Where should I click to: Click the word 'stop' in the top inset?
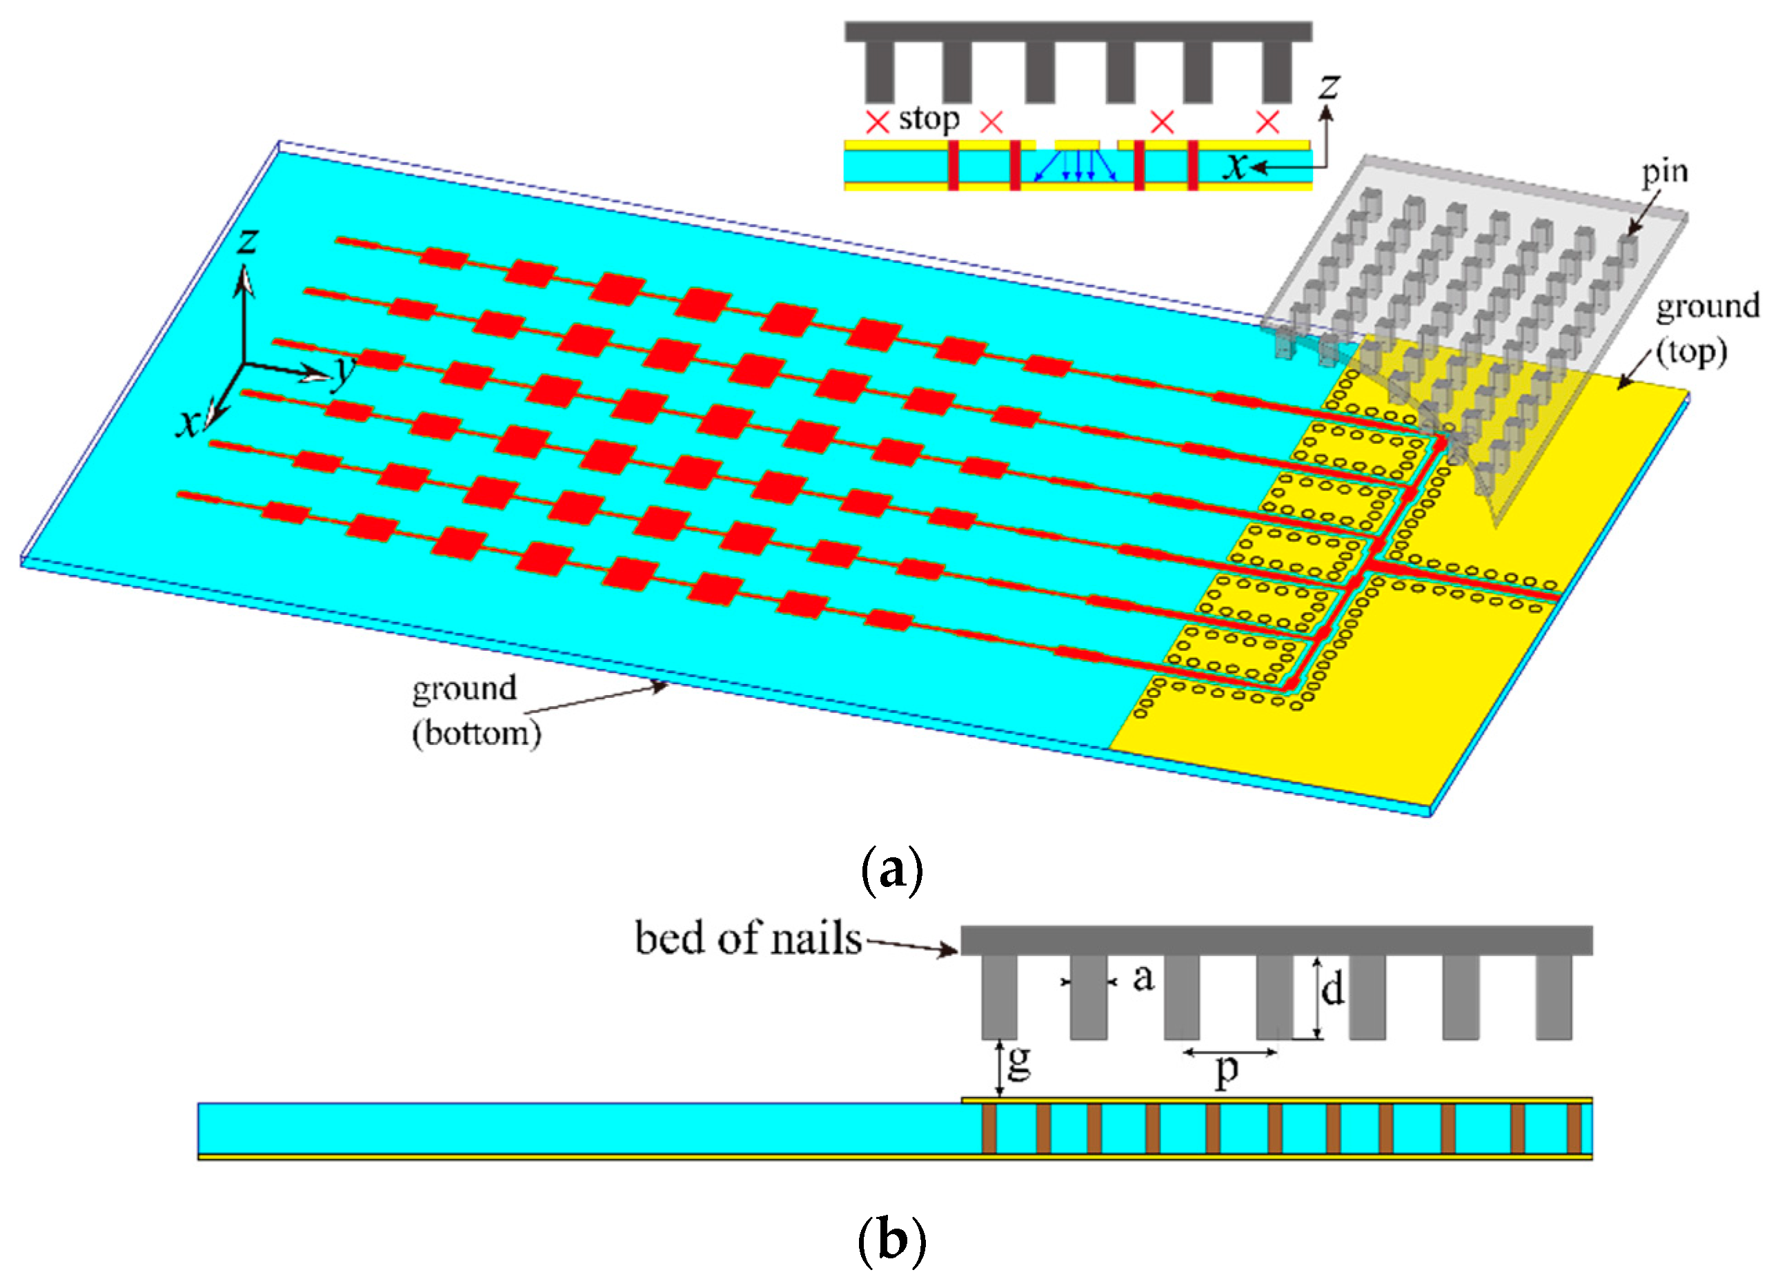coord(928,119)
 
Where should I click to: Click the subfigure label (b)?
coord(891,1240)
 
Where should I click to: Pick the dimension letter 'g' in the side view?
coord(1018,1063)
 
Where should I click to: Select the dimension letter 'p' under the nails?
coord(1226,1070)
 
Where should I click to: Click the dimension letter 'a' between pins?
coord(1144,977)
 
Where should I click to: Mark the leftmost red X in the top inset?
coord(876,121)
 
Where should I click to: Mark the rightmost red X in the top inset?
coord(1267,121)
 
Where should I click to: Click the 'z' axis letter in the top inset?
coord(1328,86)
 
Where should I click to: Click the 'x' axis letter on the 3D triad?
coord(188,425)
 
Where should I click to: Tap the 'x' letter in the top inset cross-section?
coord(1236,166)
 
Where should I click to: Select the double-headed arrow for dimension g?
coord(999,1069)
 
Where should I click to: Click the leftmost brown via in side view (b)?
coord(989,1129)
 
